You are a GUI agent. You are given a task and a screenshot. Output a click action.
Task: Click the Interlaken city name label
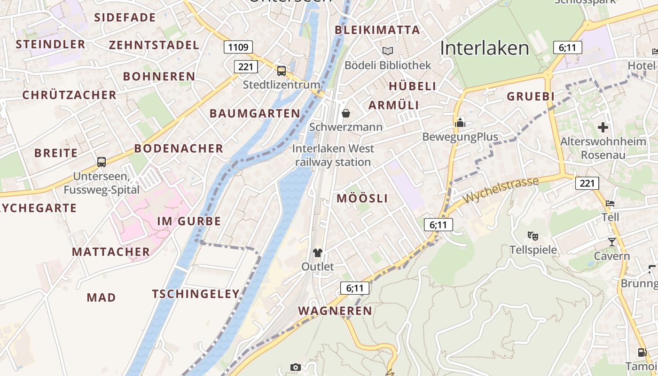coord(485,48)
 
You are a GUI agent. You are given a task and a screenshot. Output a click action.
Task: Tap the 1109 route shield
coord(238,47)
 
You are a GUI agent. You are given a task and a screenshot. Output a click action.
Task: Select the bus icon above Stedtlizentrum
coord(281,71)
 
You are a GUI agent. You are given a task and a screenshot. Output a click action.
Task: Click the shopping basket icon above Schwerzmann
coord(346,113)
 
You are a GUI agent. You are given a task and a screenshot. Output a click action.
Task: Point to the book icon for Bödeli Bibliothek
coord(388,51)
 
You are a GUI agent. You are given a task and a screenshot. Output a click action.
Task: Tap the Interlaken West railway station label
coord(333,155)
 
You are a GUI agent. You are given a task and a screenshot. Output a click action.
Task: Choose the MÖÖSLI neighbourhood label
coord(362,198)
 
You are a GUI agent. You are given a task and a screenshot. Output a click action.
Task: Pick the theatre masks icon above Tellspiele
coord(533,235)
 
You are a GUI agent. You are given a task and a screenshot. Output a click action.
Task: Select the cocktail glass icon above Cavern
coord(611,242)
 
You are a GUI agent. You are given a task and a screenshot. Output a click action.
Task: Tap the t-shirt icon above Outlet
coord(318,253)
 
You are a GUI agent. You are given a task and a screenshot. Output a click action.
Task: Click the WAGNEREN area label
coord(335,311)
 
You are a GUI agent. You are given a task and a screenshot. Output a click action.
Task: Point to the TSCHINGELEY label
coord(196,294)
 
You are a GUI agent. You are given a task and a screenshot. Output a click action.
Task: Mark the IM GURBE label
coord(189,221)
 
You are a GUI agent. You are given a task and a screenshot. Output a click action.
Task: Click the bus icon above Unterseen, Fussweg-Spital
coord(102,162)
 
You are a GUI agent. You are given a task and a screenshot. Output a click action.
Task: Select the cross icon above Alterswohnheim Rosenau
coord(603,127)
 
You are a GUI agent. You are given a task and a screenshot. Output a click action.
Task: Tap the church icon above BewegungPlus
coord(460,122)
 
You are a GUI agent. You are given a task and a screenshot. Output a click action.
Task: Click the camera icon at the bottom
coord(295,367)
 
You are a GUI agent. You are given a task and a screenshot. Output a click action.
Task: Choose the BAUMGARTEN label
coord(255,113)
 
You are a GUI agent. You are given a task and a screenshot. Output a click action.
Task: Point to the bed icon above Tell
coord(610,204)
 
